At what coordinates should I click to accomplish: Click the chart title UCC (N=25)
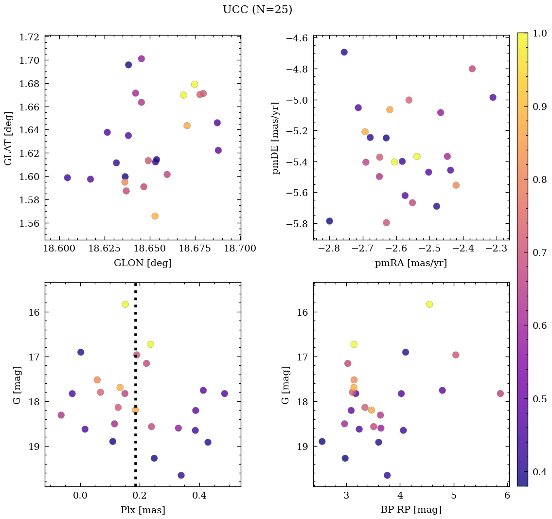click(x=257, y=10)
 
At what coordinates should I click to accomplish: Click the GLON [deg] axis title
click(x=142, y=263)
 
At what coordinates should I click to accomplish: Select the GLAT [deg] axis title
click(x=9, y=138)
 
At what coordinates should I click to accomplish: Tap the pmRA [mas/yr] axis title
click(x=411, y=263)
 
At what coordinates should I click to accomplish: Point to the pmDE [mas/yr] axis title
click(x=276, y=138)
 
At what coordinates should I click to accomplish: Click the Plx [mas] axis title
click(x=142, y=510)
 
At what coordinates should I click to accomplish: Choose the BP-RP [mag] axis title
click(x=411, y=510)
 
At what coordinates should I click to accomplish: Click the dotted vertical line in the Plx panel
click(x=135, y=438)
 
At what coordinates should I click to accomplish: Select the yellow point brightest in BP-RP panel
click(x=429, y=304)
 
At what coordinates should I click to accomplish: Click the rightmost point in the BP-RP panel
click(x=500, y=394)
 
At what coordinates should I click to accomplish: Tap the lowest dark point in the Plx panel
click(x=181, y=475)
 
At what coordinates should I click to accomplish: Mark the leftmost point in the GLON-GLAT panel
click(x=67, y=178)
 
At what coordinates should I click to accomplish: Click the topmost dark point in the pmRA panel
click(x=344, y=52)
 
